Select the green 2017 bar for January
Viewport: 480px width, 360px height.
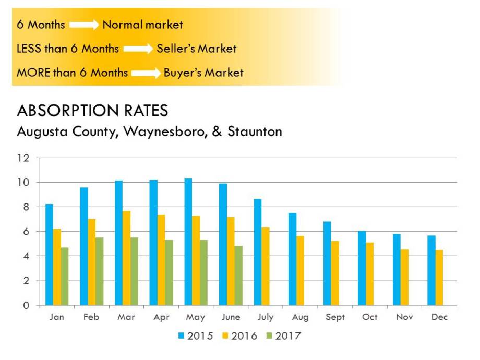(x=65, y=277)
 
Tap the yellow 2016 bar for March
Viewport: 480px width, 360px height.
(x=126, y=258)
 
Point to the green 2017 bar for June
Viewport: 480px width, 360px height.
(x=238, y=275)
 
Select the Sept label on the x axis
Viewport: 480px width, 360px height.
(x=335, y=317)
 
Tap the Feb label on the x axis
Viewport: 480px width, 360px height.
(x=91, y=317)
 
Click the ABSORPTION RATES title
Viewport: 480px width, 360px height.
(x=92, y=111)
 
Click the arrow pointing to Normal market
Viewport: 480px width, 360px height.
(x=83, y=25)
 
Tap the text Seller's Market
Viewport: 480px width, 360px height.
(x=196, y=49)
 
